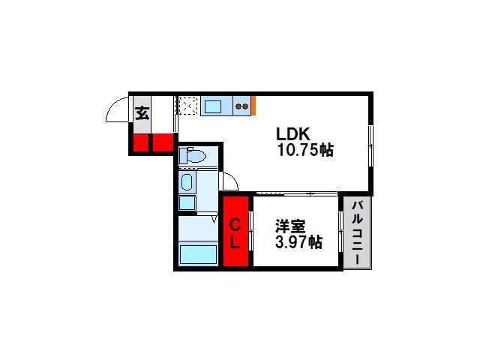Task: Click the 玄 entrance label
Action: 142,113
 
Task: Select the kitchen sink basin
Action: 213,106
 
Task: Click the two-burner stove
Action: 241,106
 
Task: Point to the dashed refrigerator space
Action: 188,106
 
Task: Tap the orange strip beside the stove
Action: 253,106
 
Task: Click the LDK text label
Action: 293,134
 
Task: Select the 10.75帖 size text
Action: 305,150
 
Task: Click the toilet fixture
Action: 192,156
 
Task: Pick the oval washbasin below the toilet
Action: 187,182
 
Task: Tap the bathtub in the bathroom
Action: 198,254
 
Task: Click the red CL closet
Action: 235,232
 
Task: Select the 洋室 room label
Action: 290,226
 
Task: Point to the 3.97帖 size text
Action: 298,242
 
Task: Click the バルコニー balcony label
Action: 357,232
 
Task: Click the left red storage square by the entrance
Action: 141,143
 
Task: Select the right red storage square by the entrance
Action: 163,142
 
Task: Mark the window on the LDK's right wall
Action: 370,146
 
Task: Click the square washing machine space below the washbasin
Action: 187,202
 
